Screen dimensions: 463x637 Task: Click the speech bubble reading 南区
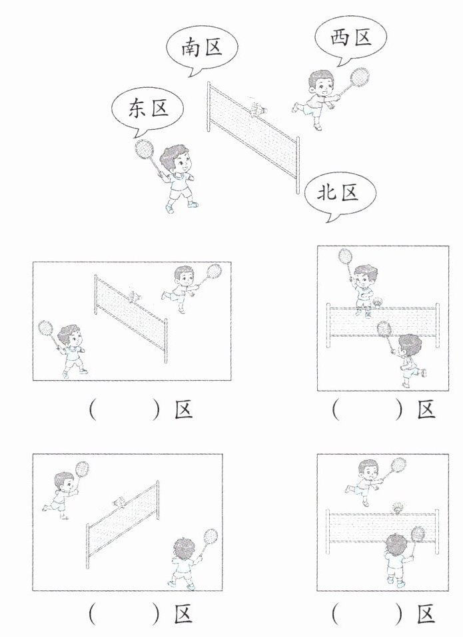pyautogui.click(x=202, y=48)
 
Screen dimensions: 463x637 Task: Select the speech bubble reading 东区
pyautogui.click(x=148, y=108)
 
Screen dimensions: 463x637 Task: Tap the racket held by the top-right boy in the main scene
pyautogui.click(x=358, y=77)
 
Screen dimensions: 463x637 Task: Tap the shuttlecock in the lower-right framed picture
pyautogui.click(x=398, y=509)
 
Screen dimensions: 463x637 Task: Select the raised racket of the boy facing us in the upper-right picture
pyautogui.click(x=345, y=256)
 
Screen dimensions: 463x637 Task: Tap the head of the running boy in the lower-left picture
pyautogui.click(x=63, y=481)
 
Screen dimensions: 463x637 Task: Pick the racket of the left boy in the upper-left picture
pyautogui.click(x=45, y=328)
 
